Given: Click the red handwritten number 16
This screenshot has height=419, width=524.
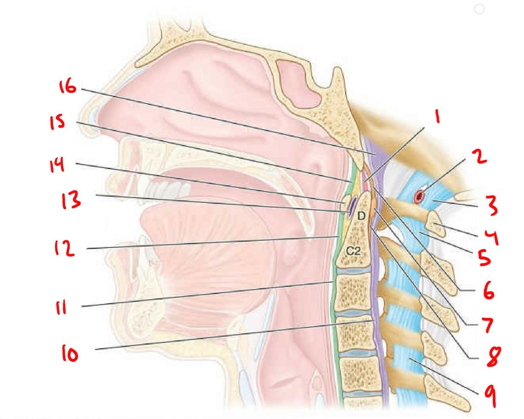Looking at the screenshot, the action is [x=68, y=86].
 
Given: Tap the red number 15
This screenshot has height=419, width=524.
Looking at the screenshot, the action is [x=57, y=122].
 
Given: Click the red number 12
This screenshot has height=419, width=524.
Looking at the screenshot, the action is [x=64, y=248].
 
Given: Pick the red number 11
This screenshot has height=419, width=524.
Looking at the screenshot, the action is [x=61, y=308].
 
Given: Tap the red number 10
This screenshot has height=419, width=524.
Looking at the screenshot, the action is [x=70, y=354].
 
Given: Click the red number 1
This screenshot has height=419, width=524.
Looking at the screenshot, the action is [x=437, y=117].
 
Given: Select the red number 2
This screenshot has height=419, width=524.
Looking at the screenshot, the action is [x=479, y=157].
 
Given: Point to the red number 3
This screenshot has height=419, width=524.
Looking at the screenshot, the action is [x=491, y=206].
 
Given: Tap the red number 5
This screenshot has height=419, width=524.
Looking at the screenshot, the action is [x=484, y=257].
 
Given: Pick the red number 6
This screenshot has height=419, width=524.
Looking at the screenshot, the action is [x=488, y=291].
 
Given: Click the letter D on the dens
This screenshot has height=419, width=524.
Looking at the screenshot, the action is [x=361, y=215].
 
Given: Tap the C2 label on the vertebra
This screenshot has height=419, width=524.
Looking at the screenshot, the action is [x=353, y=251].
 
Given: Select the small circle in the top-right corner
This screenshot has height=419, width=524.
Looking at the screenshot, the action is [x=479, y=9].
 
